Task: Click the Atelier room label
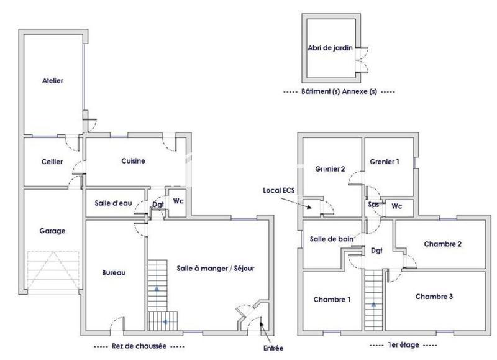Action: pyautogui.click(x=53, y=81)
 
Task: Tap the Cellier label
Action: pyautogui.click(x=53, y=162)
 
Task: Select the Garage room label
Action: pyautogui.click(x=53, y=231)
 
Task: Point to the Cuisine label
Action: pyautogui.click(x=134, y=161)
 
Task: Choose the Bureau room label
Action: pyautogui.click(x=114, y=272)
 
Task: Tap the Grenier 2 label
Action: pyautogui.click(x=330, y=168)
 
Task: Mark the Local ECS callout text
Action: pyautogui.click(x=278, y=190)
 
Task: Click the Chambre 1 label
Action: pyautogui.click(x=332, y=300)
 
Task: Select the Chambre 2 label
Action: pyautogui.click(x=442, y=244)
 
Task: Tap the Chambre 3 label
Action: pyautogui.click(x=434, y=297)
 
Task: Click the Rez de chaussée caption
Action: pyautogui.click(x=139, y=346)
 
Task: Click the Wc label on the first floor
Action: pyautogui.click(x=396, y=206)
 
